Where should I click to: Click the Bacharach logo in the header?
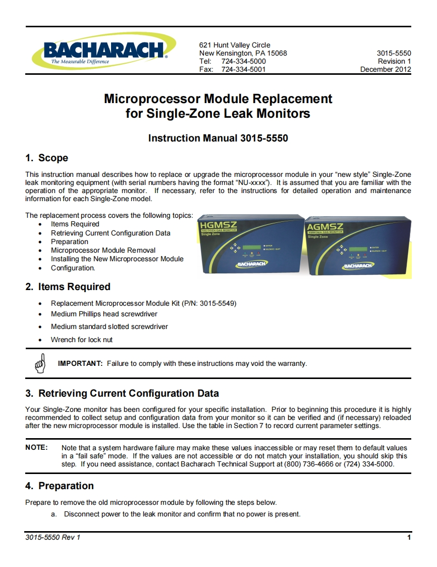pos(103,52)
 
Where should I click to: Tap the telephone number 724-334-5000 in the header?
pos(243,61)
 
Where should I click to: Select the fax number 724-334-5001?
pos(243,69)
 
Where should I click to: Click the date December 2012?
pos(386,69)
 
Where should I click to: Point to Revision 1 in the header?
pos(394,61)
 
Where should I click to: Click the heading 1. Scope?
pos(46,158)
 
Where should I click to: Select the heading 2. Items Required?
pos(68,287)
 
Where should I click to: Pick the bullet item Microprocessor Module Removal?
pos(103,250)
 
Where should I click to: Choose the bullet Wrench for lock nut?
pos(81,340)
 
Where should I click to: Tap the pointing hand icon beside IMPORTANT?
pos(41,362)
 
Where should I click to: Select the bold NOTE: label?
pos(36,448)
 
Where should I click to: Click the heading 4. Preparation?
pos(60,486)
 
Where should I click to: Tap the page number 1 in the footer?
pos(409,537)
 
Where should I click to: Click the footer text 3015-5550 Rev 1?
pos(52,537)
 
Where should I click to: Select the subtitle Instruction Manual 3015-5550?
pos(218,138)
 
